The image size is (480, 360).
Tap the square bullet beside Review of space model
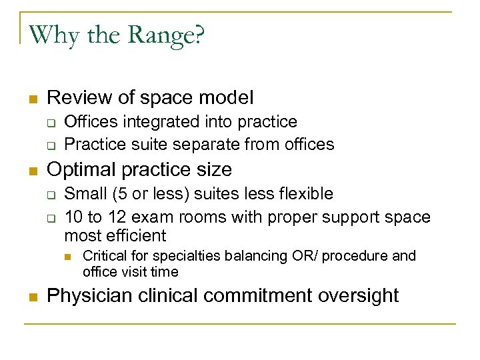pos(31,99)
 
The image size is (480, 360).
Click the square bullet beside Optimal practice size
pos(31,171)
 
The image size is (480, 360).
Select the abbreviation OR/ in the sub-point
pos(313,256)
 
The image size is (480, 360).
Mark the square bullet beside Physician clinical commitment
pos(31,297)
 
